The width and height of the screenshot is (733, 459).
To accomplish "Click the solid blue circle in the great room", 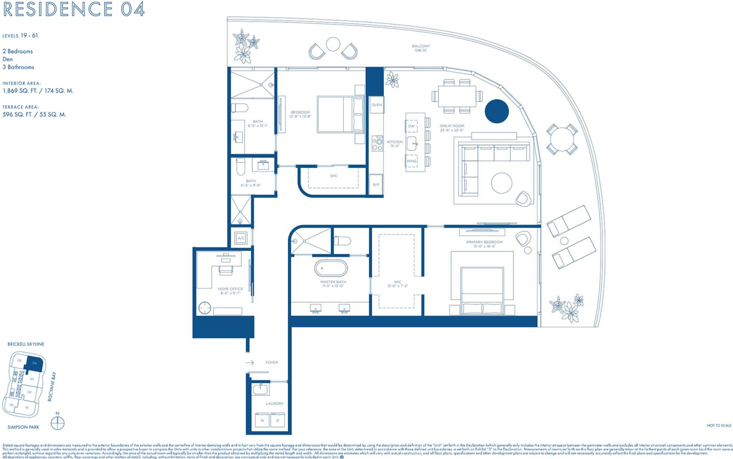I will [x=497, y=111].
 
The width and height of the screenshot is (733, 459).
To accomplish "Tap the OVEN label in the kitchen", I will [x=376, y=105].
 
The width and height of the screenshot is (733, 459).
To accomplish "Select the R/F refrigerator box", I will [x=376, y=184].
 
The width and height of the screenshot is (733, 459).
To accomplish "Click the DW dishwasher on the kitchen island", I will [x=411, y=126].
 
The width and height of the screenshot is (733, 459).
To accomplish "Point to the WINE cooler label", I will [x=411, y=161].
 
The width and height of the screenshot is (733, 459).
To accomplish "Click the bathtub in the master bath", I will [x=331, y=268].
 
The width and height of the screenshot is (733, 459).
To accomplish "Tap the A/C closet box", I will [x=241, y=238].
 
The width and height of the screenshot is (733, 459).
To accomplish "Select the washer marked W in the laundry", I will [x=262, y=420].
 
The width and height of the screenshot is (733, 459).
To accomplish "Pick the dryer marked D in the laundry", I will [x=278, y=420].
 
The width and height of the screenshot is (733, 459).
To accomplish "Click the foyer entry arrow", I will [x=250, y=363].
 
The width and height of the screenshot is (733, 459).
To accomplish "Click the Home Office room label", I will [x=230, y=289].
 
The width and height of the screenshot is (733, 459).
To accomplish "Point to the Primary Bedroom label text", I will [x=484, y=242].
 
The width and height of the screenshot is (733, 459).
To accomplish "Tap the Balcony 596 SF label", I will [x=421, y=48].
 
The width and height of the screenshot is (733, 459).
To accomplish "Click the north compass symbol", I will [x=58, y=423].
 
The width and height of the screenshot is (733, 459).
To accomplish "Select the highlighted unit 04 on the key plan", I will [x=34, y=363].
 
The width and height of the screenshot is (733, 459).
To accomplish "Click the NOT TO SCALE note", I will [x=719, y=426].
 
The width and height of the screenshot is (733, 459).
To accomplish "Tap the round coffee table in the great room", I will [x=502, y=183].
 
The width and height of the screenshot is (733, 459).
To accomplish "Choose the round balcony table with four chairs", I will [x=562, y=139].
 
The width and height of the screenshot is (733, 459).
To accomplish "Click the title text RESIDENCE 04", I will [x=74, y=9].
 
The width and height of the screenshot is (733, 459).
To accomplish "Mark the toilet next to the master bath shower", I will [x=343, y=241].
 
